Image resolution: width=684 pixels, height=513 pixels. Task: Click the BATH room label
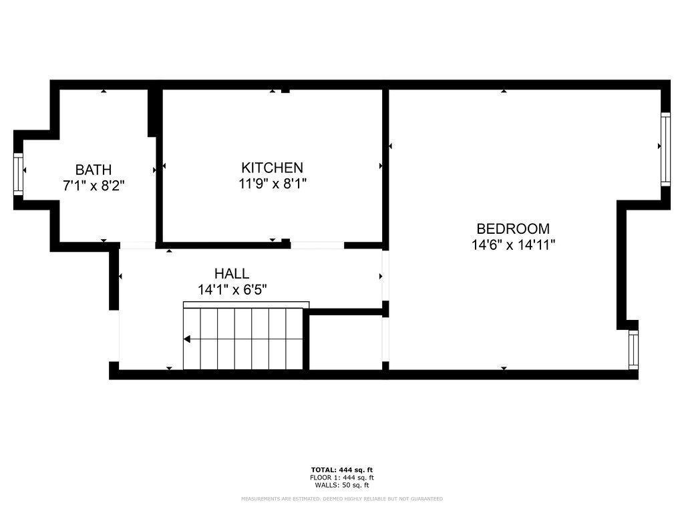coord(94,170)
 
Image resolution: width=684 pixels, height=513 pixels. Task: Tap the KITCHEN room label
coord(272,168)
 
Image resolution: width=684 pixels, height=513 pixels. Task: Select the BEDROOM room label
coord(513,228)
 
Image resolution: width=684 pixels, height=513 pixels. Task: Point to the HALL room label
coord(232,273)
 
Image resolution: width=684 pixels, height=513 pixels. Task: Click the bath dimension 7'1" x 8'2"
coord(94,186)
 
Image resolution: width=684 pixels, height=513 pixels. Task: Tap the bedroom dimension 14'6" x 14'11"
coord(513,244)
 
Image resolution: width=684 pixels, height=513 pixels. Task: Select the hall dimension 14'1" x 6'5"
coord(232,290)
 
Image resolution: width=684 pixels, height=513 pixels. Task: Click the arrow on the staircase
coord(188,339)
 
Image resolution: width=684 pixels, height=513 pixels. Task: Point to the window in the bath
coord(18,173)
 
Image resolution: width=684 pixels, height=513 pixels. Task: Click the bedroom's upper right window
coord(665,148)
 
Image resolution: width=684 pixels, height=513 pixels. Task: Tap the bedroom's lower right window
coord(633,349)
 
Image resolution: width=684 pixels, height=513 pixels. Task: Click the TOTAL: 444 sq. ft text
coord(342,470)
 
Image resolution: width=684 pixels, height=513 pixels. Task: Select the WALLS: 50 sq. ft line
coord(342,485)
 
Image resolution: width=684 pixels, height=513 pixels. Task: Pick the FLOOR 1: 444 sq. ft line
coord(342,478)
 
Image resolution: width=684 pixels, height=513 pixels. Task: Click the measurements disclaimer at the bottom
coord(342,499)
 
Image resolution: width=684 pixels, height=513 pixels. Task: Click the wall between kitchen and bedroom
coord(385,167)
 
